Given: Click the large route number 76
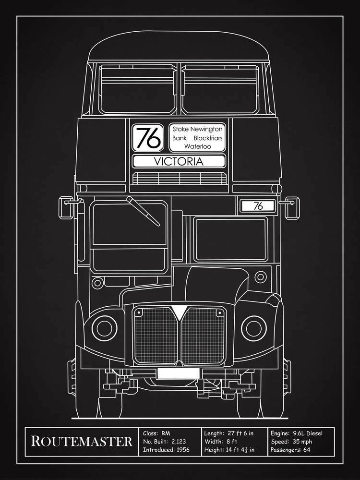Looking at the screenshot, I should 148,138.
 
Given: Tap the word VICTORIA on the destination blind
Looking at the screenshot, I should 179,161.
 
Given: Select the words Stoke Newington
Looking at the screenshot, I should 197,129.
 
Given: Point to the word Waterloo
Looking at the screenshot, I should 197,146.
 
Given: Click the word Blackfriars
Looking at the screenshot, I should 209,138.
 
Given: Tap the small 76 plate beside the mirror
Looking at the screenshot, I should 258,206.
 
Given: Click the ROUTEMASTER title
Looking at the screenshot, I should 82,441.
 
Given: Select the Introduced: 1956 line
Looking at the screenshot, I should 166,450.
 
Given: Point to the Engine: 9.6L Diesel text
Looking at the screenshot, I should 296,432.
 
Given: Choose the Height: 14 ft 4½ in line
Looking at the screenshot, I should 229,450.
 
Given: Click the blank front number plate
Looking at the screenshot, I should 178,373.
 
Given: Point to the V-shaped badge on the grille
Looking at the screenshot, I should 179,315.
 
